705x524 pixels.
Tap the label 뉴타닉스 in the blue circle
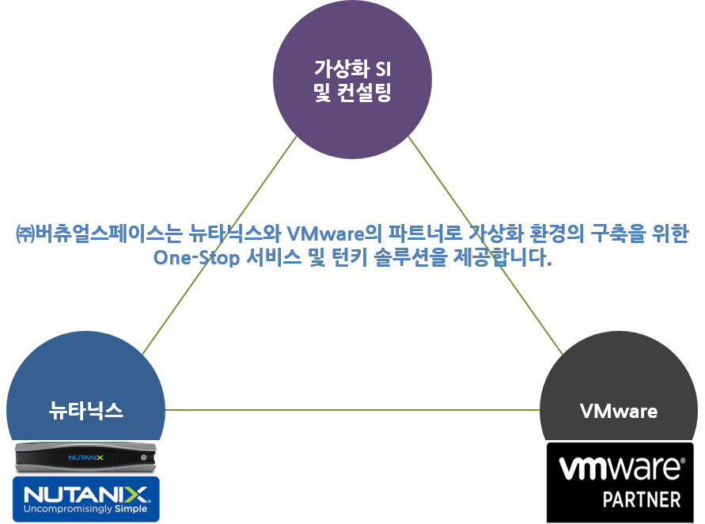(x=85, y=411)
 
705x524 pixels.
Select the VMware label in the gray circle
(x=618, y=412)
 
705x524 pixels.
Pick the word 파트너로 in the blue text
(x=415, y=234)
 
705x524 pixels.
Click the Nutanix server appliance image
(x=85, y=457)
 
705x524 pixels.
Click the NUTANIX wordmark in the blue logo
(x=85, y=496)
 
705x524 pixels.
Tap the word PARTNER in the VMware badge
(x=641, y=500)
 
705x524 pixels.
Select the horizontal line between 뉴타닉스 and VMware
(x=352, y=410)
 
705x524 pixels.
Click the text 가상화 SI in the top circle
(x=352, y=68)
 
